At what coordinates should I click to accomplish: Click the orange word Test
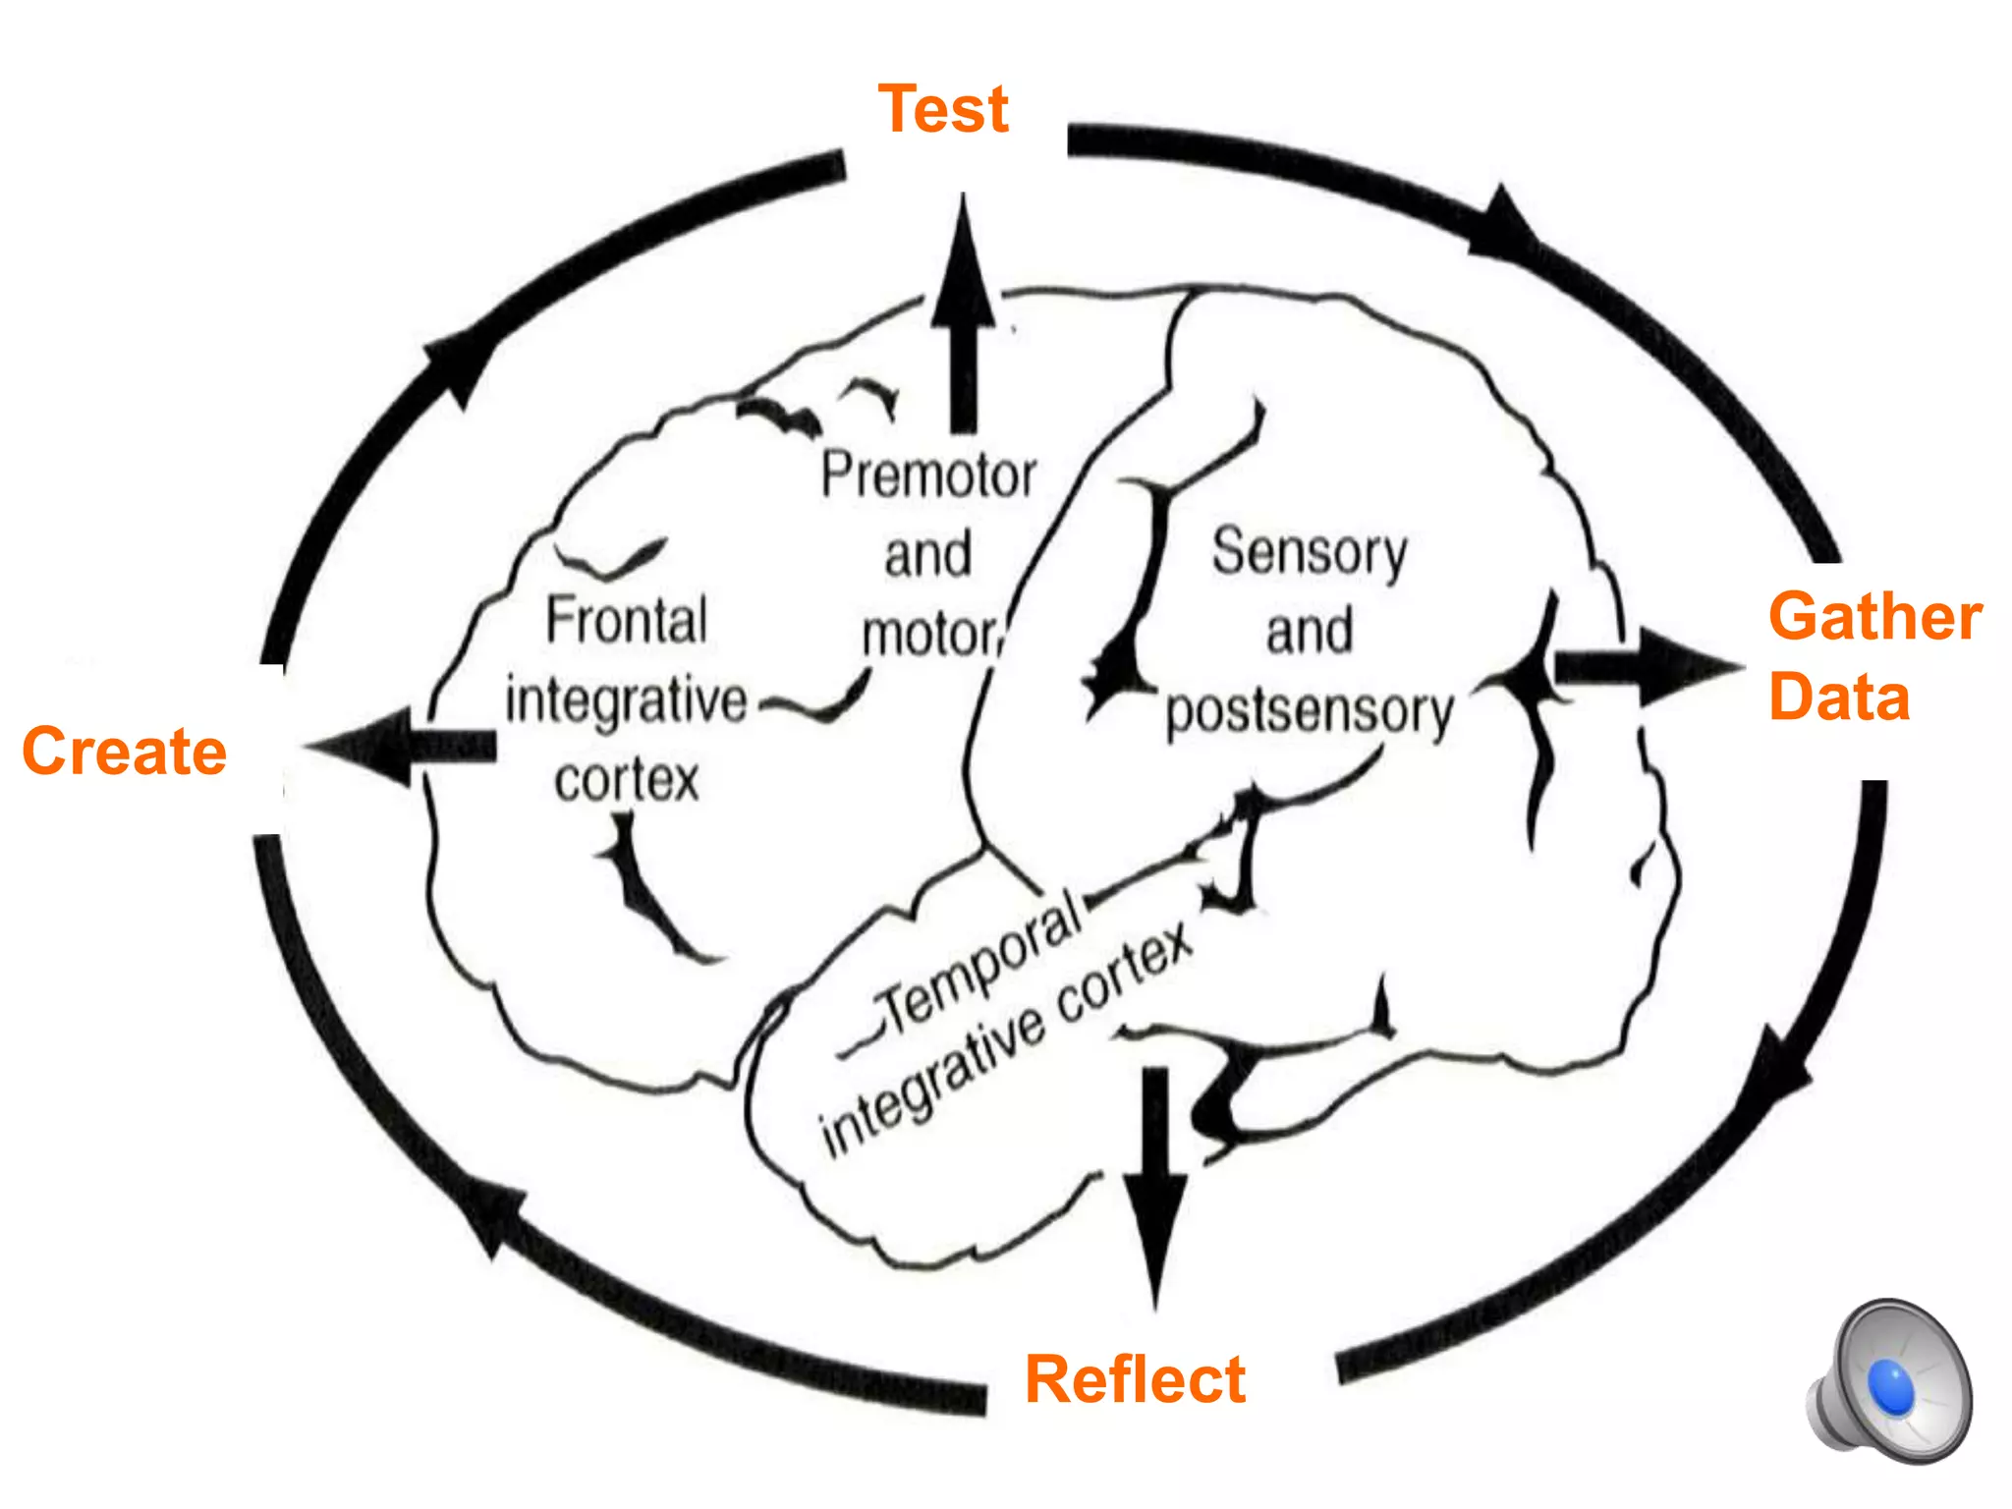(x=942, y=109)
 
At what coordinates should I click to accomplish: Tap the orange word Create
(x=125, y=752)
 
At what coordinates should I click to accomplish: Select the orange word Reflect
(x=1135, y=1379)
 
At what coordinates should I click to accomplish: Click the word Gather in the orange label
(x=1874, y=618)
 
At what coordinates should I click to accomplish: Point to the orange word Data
(x=1839, y=698)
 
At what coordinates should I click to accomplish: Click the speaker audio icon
(x=1889, y=1383)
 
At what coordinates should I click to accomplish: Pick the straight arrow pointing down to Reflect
(x=1155, y=1189)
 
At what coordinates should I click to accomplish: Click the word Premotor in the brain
(x=928, y=475)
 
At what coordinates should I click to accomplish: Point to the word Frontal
(x=626, y=621)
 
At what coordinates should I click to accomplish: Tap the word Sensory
(x=1310, y=552)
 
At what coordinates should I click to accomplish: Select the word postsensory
(x=1309, y=711)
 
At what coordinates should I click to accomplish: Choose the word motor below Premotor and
(x=929, y=635)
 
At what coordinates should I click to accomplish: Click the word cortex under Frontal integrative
(x=627, y=781)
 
